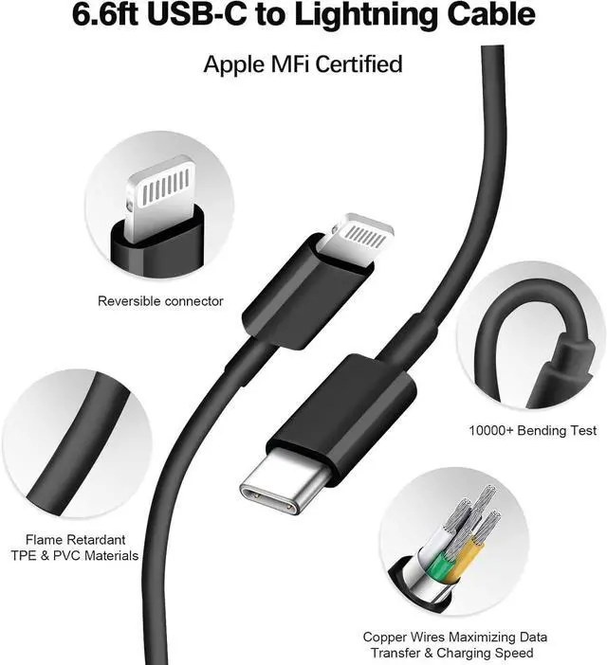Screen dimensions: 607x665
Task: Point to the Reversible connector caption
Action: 160,301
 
